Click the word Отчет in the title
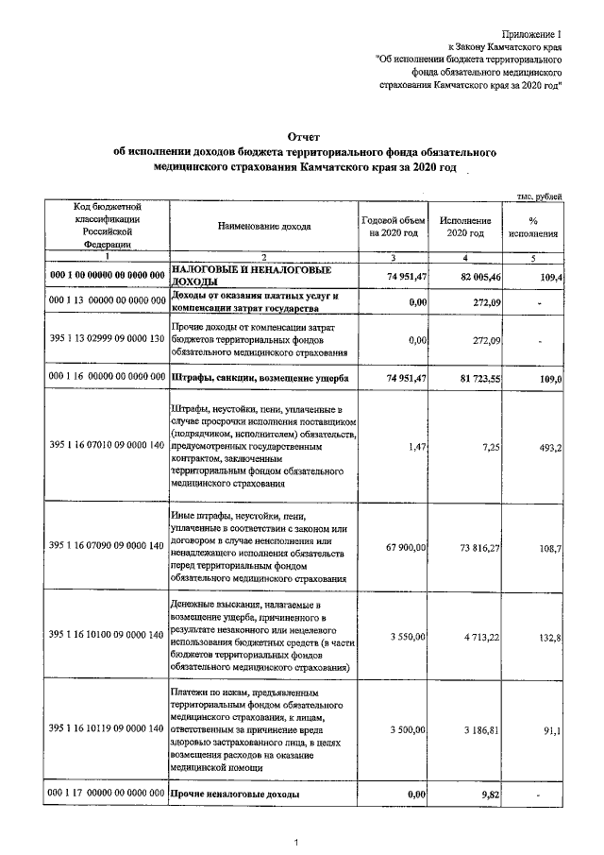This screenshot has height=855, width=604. pos(302,137)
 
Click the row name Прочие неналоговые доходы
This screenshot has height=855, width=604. pos(235,795)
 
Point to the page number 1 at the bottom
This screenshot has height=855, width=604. pos(295,842)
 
